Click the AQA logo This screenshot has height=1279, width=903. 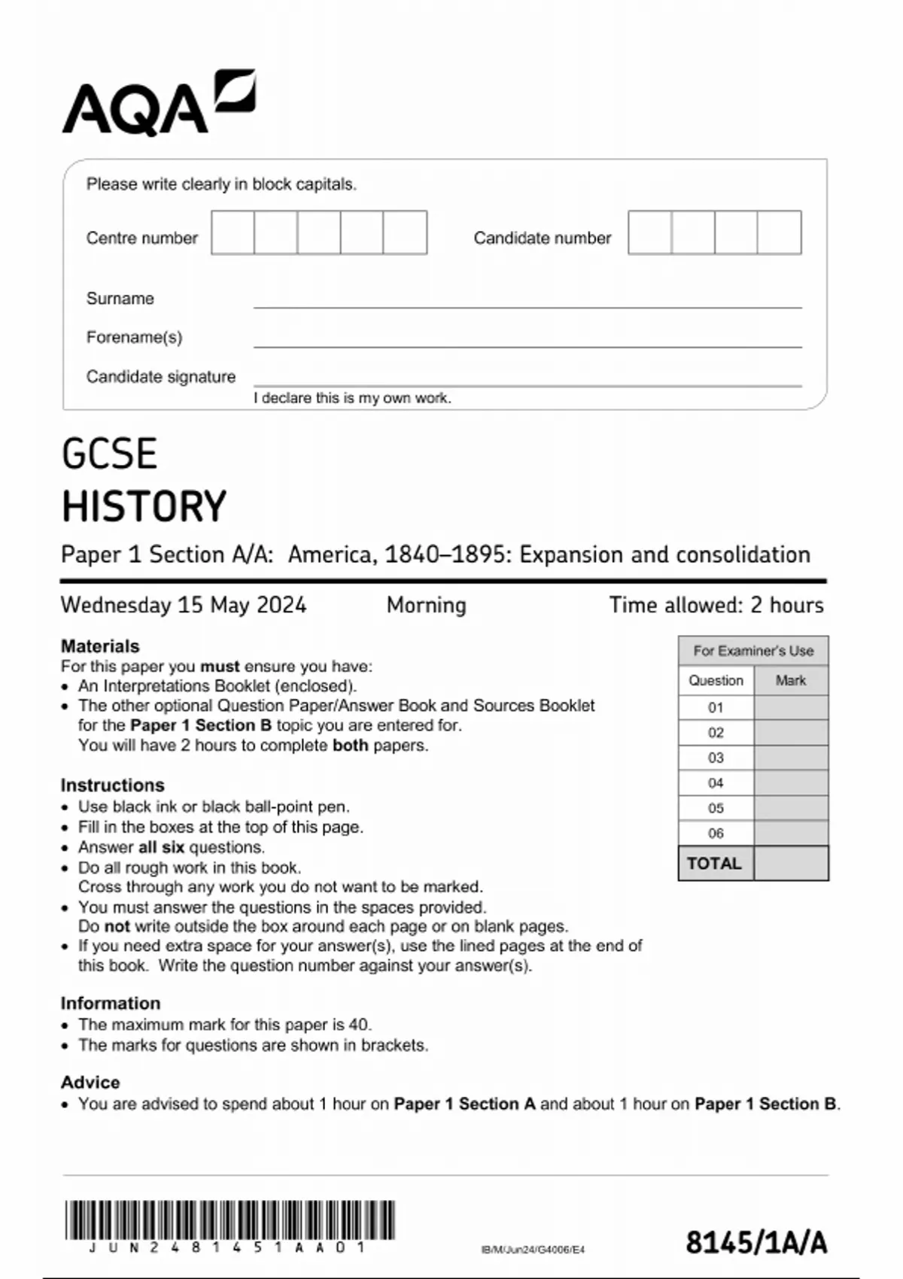[158, 103]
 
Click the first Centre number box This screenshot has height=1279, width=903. [233, 232]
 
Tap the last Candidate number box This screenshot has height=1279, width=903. [779, 232]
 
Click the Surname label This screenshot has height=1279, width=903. [120, 299]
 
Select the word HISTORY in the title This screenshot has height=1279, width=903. [144, 506]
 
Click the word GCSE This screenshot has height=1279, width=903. [109, 454]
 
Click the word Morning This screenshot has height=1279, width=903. [426, 605]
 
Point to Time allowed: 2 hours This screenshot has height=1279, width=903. [716, 605]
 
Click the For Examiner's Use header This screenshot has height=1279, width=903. [752, 651]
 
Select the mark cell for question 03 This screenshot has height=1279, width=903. [790, 758]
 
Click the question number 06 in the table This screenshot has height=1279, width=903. [716, 833]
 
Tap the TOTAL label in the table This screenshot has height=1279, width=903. [714, 863]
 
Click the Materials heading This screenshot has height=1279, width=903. [100, 646]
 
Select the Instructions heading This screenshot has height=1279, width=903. [112, 785]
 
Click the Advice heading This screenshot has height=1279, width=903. [90, 1082]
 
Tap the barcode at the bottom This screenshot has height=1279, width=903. [230, 1220]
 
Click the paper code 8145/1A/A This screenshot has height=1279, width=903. [756, 1242]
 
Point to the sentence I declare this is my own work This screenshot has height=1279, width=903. [352, 398]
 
